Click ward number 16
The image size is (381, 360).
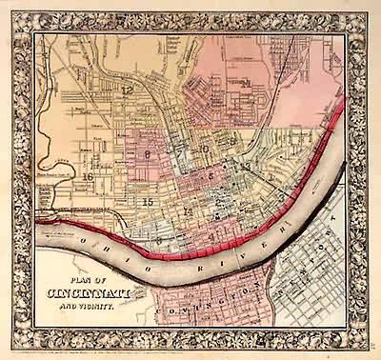point(88,176)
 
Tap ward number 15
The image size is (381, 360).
point(147,202)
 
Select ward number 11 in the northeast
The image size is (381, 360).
point(246,84)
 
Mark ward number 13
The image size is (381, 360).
point(246,168)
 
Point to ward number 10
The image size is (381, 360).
point(204,150)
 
